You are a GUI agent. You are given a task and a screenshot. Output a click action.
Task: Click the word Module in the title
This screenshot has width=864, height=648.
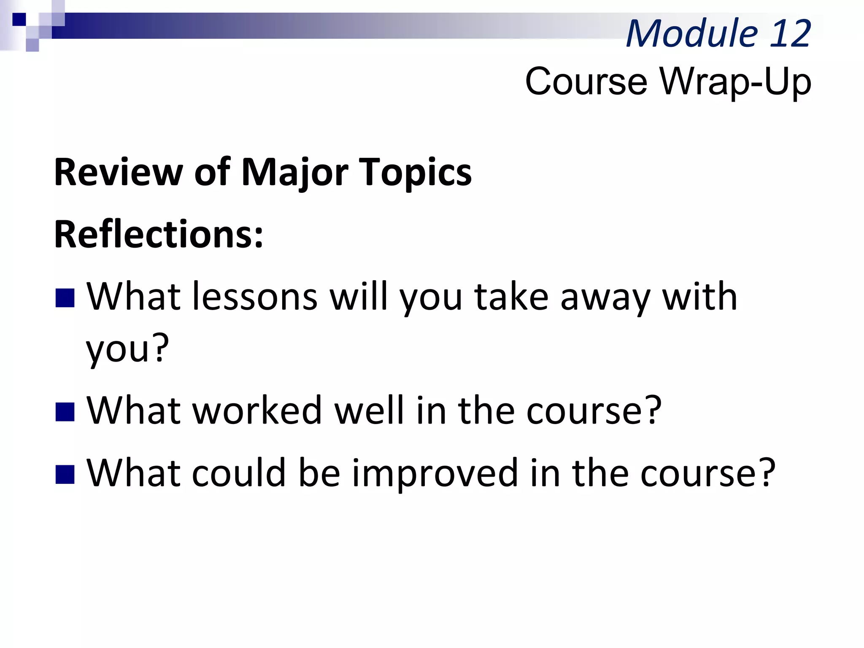coord(692,34)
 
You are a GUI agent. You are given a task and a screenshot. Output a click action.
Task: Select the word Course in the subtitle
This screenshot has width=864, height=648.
coord(586,81)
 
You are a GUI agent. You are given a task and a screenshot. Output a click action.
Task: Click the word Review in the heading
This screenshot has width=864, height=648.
coord(118,172)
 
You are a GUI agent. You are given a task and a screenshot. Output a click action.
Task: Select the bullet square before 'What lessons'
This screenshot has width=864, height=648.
coord(65,298)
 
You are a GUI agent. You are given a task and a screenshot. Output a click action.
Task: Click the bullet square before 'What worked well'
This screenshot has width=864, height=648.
coord(65,412)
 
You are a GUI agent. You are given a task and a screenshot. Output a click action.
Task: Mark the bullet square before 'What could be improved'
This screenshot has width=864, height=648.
coord(65,474)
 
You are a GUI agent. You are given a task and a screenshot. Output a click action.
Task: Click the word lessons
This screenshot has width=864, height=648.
coord(255,297)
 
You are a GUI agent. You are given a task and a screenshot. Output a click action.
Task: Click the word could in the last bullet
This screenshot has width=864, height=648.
coord(239,472)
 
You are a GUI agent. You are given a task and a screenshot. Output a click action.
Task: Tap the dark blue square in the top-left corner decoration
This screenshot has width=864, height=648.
coord(19,19)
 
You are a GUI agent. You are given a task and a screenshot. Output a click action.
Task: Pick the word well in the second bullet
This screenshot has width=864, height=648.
coord(369,410)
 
